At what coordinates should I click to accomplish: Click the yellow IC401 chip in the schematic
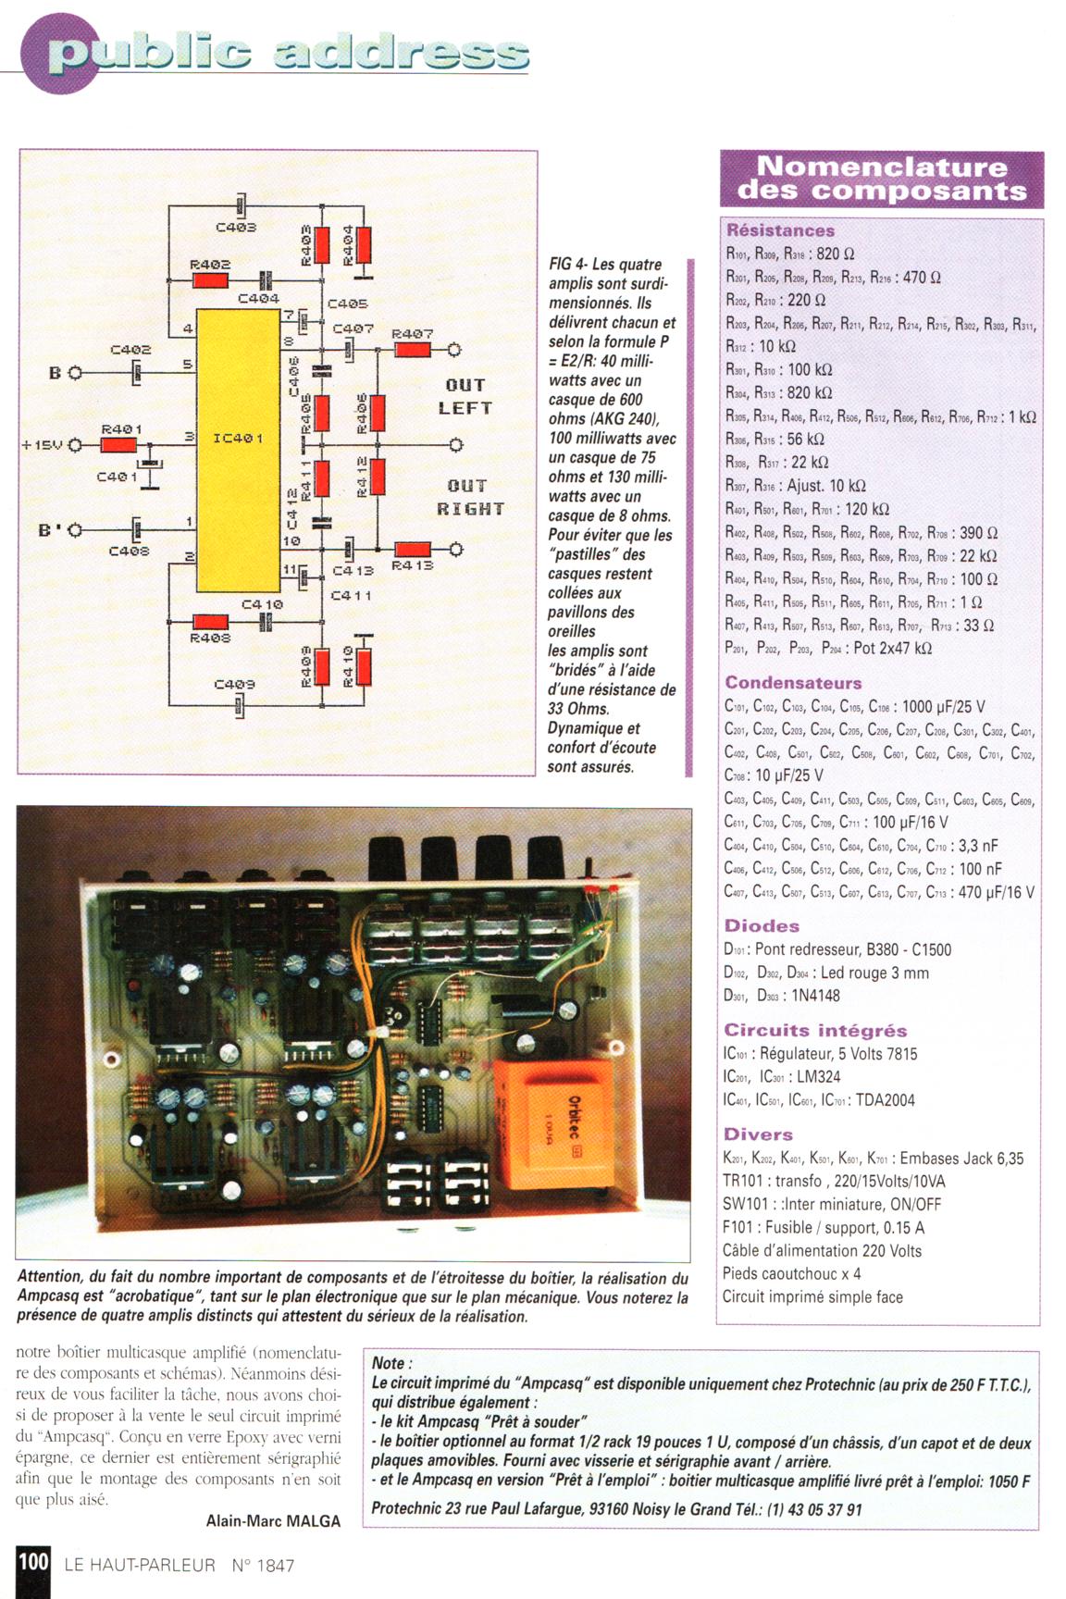[x=238, y=449]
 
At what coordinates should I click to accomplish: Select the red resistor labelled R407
[x=413, y=350]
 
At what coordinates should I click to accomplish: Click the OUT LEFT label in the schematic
[x=465, y=396]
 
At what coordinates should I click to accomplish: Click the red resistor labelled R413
[x=413, y=550]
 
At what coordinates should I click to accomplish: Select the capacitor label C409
[x=234, y=685]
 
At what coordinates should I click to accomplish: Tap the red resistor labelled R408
[x=210, y=622]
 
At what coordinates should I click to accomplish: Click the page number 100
[x=32, y=1562]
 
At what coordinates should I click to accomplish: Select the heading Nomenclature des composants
[x=881, y=179]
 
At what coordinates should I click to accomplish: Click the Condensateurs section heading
[x=793, y=683]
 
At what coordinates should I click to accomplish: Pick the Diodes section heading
[x=762, y=925]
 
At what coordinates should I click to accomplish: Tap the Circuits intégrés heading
[x=815, y=1030]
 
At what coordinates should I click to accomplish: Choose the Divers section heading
[x=758, y=1134]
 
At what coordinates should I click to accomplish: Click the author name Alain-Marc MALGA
[x=273, y=1520]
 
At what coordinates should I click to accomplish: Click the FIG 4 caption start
[x=566, y=265]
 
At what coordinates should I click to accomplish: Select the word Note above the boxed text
[x=390, y=1363]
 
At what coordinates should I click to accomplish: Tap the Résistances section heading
[x=780, y=230]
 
